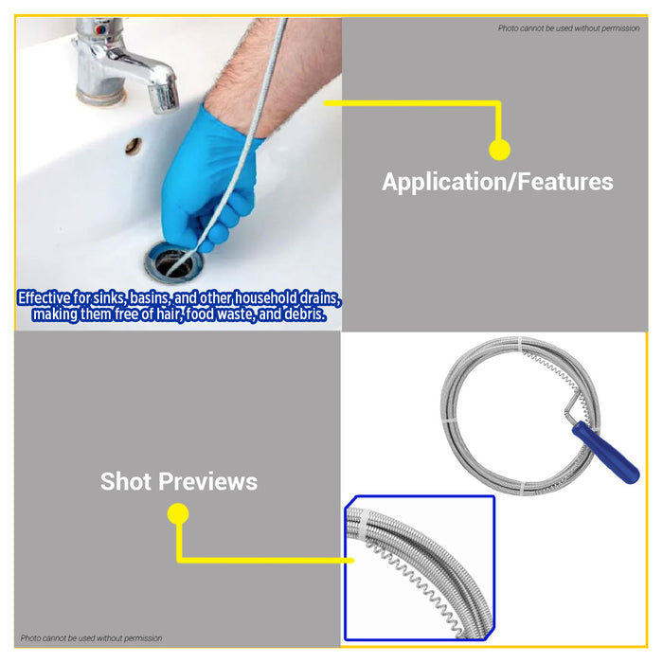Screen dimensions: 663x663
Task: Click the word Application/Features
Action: [x=497, y=182]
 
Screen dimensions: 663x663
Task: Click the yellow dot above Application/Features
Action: [x=499, y=149]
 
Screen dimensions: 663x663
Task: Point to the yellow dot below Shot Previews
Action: [x=177, y=514]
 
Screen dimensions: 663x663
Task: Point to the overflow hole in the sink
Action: [x=134, y=146]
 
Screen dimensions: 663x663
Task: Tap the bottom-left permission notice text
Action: [x=92, y=638]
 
